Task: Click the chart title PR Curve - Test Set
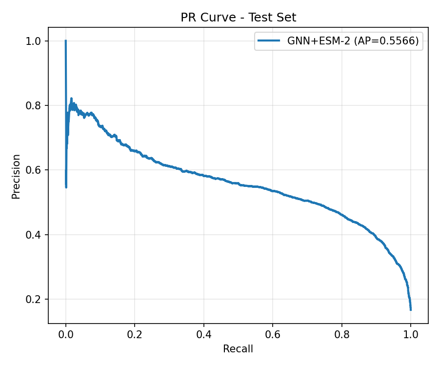238,18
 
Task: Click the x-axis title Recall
238,349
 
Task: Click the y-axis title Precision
17,177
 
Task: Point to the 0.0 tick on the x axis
66,335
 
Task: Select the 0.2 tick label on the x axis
135,335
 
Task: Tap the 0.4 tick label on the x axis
204,335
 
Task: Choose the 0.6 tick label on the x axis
273,335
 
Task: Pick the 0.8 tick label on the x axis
342,335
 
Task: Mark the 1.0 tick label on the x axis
411,335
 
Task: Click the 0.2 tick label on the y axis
34,299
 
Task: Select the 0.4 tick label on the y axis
34,235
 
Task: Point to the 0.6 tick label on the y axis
34,170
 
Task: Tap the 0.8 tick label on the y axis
34,105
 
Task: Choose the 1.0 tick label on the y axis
34,41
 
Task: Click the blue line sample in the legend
270,41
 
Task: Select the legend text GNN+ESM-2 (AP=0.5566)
353,41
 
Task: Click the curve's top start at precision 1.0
66,41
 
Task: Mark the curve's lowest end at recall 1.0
411,309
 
